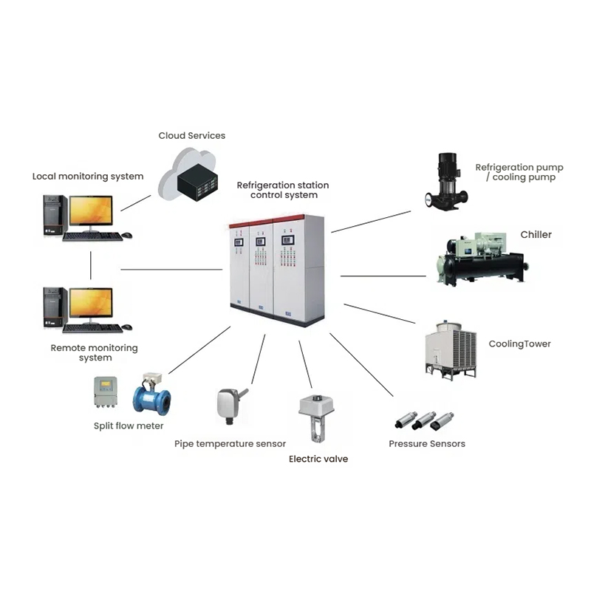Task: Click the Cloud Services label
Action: click(191, 136)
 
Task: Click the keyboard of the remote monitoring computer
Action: click(92, 327)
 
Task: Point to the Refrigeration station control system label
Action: click(283, 190)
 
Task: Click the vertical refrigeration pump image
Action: click(445, 181)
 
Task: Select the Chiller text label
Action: click(536, 235)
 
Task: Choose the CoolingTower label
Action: click(519, 344)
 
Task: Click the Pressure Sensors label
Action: click(427, 444)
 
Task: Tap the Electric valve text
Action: click(318, 459)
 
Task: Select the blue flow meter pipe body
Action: click(152, 400)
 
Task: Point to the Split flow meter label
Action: click(129, 426)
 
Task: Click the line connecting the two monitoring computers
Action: click(91, 264)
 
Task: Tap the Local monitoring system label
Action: click(88, 177)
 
